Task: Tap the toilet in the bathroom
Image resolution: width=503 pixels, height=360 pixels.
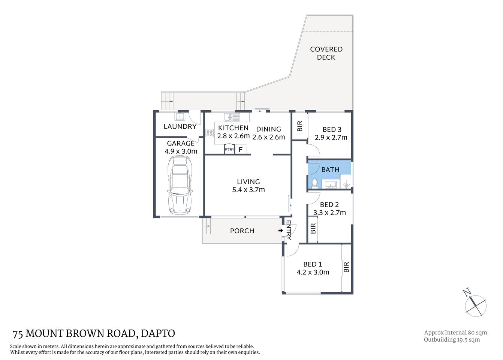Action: [315, 183]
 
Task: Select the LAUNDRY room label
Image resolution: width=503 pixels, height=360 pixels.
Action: [180, 126]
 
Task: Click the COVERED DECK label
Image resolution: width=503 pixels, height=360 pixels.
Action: [326, 53]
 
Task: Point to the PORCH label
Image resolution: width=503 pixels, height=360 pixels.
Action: [242, 231]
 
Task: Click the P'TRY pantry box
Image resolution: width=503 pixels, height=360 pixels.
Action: [229, 149]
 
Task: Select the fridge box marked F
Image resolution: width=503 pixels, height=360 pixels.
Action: [240, 149]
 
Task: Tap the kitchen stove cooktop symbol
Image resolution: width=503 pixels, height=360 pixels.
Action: [209, 133]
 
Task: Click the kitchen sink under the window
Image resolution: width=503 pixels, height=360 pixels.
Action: [232, 117]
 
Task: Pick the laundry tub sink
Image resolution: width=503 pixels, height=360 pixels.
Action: [179, 116]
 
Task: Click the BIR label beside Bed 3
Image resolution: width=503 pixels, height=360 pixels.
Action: [299, 126]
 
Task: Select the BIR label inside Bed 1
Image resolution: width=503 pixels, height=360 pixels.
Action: [346, 267]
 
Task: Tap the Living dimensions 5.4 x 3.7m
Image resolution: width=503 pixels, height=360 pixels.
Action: [249, 190]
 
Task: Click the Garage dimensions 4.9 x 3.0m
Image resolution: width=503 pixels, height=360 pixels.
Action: [181, 151]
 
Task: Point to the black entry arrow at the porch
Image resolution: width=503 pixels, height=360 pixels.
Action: [280, 231]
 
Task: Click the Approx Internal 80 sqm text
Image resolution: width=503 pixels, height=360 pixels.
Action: [455, 333]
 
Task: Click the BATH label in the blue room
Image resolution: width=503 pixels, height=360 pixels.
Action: [330, 170]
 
